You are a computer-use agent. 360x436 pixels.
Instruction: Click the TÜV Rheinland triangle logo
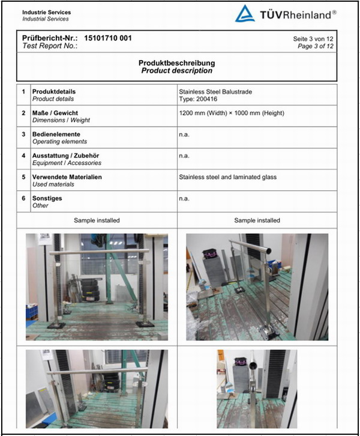pyautogui.click(x=245, y=14)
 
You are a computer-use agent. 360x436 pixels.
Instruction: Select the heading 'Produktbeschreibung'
pyautogui.click(x=176, y=63)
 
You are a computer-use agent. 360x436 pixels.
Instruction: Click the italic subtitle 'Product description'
pyautogui.click(x=176, y=71)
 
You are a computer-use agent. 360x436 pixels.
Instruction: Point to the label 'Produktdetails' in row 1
pyautogui.click(x=53, y=92)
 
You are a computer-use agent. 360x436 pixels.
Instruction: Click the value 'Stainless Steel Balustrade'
pyautogui.click(x=215, y=92)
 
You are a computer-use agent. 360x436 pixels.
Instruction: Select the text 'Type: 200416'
pyautogui.click(x=197, y=99)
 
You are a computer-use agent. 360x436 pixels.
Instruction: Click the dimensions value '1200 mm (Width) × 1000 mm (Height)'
pyautogui.click(x=232, y=113)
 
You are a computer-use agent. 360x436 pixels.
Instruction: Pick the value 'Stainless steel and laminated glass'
pyautogui.click(x=227, y=177)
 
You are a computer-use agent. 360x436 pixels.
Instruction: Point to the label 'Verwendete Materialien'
pyautogui.click(x=67, y=177)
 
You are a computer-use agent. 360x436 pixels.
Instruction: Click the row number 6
pyautogui.click(x=23, y=198)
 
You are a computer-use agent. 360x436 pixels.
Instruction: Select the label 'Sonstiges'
pyautogui.click(x=47, y=198)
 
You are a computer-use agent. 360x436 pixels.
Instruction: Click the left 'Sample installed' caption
pyautogui.click(x=97, y=220)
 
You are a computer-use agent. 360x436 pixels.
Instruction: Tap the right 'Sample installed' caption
pyautogui.click(x=257, y=220)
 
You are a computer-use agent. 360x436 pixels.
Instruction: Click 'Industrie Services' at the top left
pyautogui.click(x=46, y=12)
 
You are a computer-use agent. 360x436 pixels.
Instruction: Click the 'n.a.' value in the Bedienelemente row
pyautogui.click(x=184, y=135)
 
